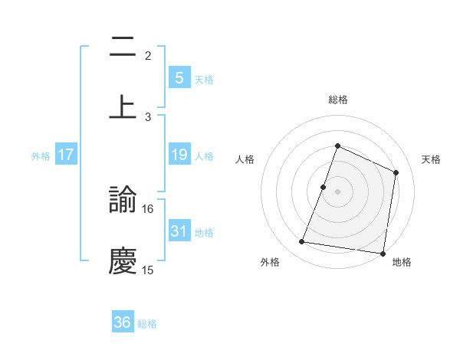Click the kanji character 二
(x=123, y=47)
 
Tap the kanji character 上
(x=123, y=106)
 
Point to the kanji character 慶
(x=123, y=261)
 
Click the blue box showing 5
(x=179, y=77)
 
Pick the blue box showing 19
(x=179, y=155)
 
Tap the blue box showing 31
(x=179, y=231)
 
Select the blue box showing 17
(x=66, y=155)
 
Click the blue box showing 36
(x=123, y=322)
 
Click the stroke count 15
(x=148, y=270)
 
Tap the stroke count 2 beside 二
(x=148, y=56)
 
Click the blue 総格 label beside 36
(x=148, y=324)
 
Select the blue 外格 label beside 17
(x=41, y=155)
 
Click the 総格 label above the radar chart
(x=338, y=100)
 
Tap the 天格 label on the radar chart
(x=432, y=159)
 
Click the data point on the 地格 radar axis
(x=383, y=253)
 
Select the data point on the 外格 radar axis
(x=302, y=242)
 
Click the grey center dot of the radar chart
(x=338, y=191)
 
